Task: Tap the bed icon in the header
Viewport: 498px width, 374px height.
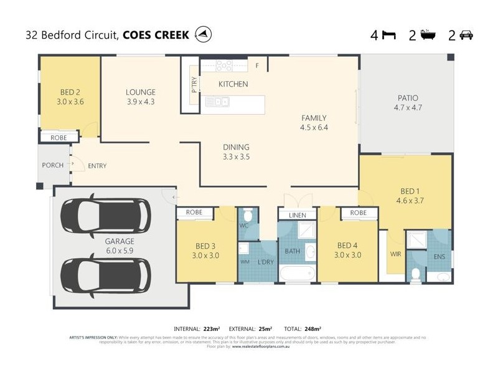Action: (388, 35)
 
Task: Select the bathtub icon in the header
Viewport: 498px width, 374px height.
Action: (428, 35)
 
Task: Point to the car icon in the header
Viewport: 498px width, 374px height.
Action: (466, 35)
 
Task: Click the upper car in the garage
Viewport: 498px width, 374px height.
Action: (105, 215)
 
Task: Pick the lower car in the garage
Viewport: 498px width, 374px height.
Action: (105, 275)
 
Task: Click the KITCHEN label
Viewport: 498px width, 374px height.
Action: (233, 84)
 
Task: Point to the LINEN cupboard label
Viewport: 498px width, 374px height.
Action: (296, 216)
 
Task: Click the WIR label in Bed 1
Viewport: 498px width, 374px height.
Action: (395, 254)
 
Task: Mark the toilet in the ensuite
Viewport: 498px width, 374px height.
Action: (416, 273)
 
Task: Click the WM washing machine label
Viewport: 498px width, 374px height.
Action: (245, 262)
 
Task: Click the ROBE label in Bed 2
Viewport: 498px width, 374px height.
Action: (59, 137)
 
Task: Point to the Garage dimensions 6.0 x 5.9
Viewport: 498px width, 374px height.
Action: (120, 251)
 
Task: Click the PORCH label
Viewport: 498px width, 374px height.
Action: (52, 165)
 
